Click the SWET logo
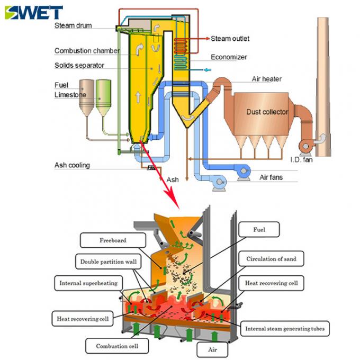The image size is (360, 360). (33, 12)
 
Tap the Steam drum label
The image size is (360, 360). (73, 25)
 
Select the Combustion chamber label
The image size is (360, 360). (87, 51)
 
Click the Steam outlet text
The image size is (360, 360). (230, 39)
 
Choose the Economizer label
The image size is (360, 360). (229, 57)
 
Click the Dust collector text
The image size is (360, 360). (267, 112)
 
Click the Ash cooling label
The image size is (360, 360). (72, 165)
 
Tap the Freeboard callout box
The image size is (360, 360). (113, 240)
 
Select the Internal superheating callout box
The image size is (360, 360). (88, 283)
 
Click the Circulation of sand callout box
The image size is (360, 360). (271, 259)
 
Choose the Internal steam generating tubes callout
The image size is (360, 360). (284, 329)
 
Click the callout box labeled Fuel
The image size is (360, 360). (258, 230)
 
